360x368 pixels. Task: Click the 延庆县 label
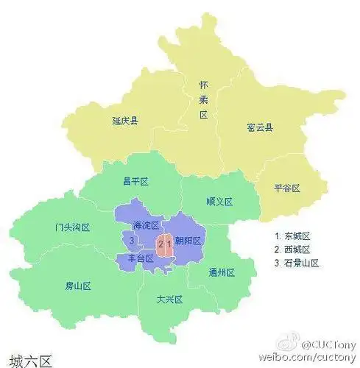coord(126,121)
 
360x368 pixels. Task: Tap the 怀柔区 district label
coord(204,100)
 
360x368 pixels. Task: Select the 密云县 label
coord(260,128)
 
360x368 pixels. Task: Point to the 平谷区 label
coord(286,188)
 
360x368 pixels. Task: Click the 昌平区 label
coord(136,181)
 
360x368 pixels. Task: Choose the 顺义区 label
coord(219,201)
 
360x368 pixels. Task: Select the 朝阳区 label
coord(188,241)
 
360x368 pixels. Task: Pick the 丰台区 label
coord(139,258)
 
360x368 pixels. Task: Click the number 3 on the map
coord(131,241)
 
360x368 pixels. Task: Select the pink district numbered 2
coord(160,243)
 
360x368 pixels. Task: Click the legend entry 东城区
coord(294,236)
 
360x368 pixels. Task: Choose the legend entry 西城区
coord(294,250)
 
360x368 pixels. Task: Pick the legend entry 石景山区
coord(297,263)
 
